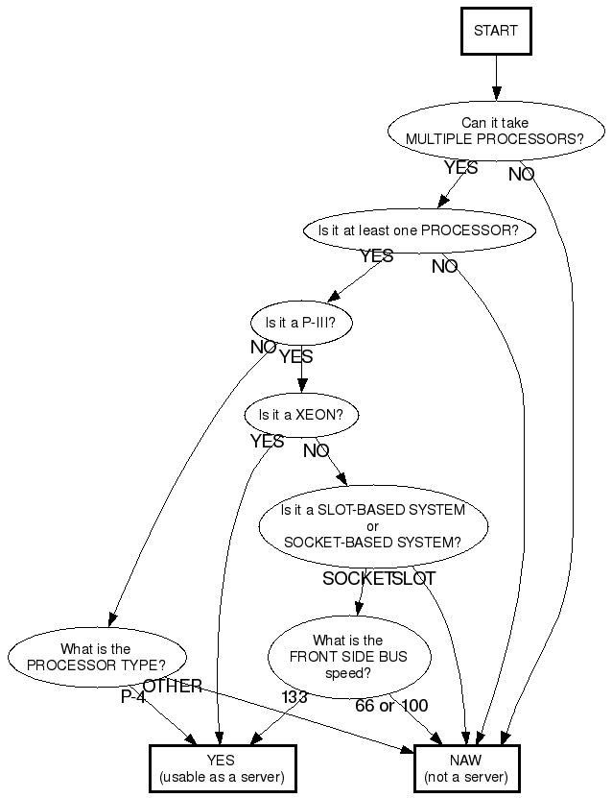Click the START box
[x=495, y=31]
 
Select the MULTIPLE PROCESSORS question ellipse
[x=495, y=131]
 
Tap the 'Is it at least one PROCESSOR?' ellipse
[x=419, y=230]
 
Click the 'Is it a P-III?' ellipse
[x=300, y=324]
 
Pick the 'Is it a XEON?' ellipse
[x=300, y=416]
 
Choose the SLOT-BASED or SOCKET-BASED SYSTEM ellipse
[x=373, y=525]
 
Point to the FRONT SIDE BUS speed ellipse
[x=349, y=657]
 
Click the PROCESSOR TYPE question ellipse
[x=96, y=657]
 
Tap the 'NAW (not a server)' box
[x=466, y=768]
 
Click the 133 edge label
[x=294, y=697]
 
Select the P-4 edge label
[x=133, y=697]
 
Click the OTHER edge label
[x=173, y=686]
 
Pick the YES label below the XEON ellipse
[x=267, y=442]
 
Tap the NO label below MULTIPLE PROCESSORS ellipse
[x=521, y=175]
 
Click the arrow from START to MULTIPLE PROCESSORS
[x=496, y=77]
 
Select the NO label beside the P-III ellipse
[x=263, y=348]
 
